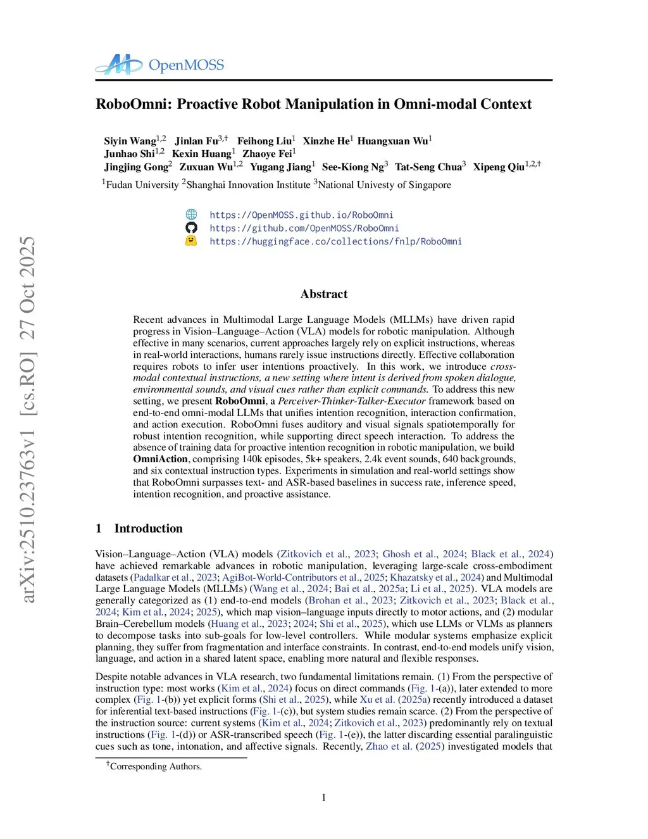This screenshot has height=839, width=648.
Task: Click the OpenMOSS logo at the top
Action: [x=159, y=65]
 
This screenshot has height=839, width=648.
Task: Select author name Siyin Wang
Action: [x=130, y=141]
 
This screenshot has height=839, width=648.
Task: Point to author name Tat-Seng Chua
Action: [x=428, y=167]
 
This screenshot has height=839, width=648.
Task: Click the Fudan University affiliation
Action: [x=142, y=185]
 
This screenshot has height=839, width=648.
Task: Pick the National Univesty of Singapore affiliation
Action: [x=384, y=185]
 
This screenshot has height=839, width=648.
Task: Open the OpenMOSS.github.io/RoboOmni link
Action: [x=301, y=215]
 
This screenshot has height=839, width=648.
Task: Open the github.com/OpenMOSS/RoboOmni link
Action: [x=304, y=228]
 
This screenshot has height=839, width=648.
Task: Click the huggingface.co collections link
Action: [x=335, y=241]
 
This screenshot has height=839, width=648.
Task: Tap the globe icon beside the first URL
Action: [x=191, y=215]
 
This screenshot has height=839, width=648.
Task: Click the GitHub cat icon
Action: [x=191, y=228]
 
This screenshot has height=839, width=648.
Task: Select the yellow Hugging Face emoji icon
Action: [x=191, y=241]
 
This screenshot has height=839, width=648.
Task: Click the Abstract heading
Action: [x=324, y=294]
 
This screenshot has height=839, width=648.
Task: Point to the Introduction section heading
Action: [x=148, y=528]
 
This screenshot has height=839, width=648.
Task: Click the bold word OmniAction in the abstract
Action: [x=160, y=459]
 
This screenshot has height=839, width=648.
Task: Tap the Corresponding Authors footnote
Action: [x=155, y=766]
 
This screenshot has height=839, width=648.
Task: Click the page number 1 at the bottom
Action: [x=324, y=797]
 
